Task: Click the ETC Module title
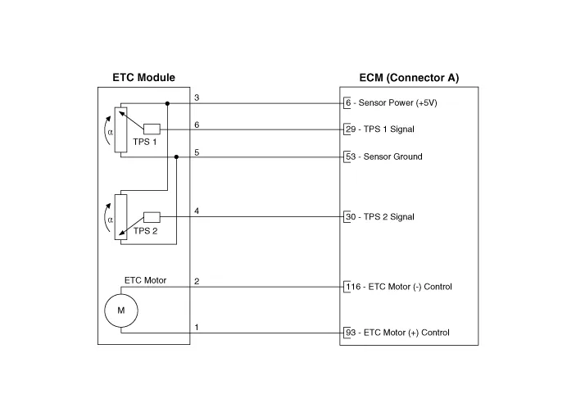click(143, 78)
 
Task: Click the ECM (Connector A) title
click(409, 78)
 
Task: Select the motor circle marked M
click(121, 310)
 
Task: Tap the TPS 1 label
click(145, 142)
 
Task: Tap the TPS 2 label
click(146, 231)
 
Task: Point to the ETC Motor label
click(146, 280)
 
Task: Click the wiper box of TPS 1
click(152, 129)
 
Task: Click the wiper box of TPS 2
click(152, 217)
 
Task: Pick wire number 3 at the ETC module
click(197, 97)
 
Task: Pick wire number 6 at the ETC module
click(197, 125)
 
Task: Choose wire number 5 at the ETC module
click(197, 152)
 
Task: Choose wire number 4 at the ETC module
click(197, 211)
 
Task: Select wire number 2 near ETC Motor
click(197, 282)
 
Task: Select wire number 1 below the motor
click(197, 327)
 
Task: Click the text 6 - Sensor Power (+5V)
click(392, 103)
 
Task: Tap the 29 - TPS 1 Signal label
click(380, 129)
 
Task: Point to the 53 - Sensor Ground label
click(384, 156)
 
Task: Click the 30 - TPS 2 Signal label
click(380, 217)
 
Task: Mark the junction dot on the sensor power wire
click(167, 103)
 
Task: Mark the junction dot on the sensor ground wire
click(176, 156)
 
